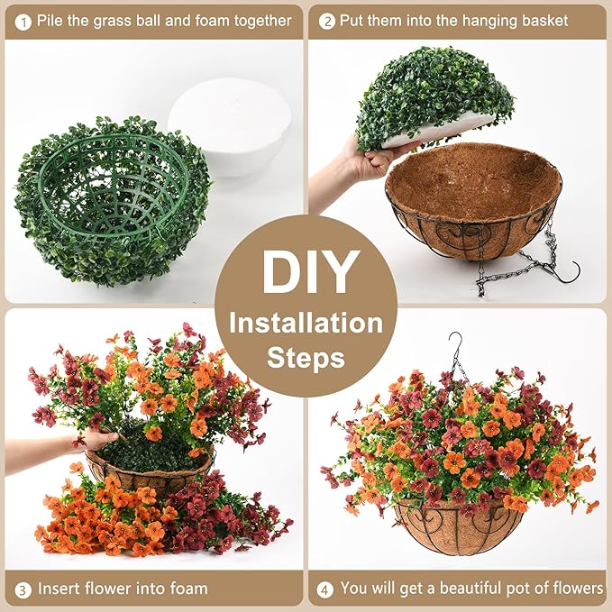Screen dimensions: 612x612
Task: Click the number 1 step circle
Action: tap(22, 20)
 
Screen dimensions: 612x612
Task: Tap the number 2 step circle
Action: tap(326, 20)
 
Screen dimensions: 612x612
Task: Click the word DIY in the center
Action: tap(306, 271)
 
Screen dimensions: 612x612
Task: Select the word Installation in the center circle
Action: tap(306, 322)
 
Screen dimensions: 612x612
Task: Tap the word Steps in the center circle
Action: tap(306, 358)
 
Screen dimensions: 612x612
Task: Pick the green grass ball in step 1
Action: tap(108, 198)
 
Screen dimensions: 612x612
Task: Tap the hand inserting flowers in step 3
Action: tap(95, 441)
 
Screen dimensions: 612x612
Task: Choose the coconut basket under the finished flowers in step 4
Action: tap(458, 526)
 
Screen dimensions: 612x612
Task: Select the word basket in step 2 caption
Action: tap(541, 20)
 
